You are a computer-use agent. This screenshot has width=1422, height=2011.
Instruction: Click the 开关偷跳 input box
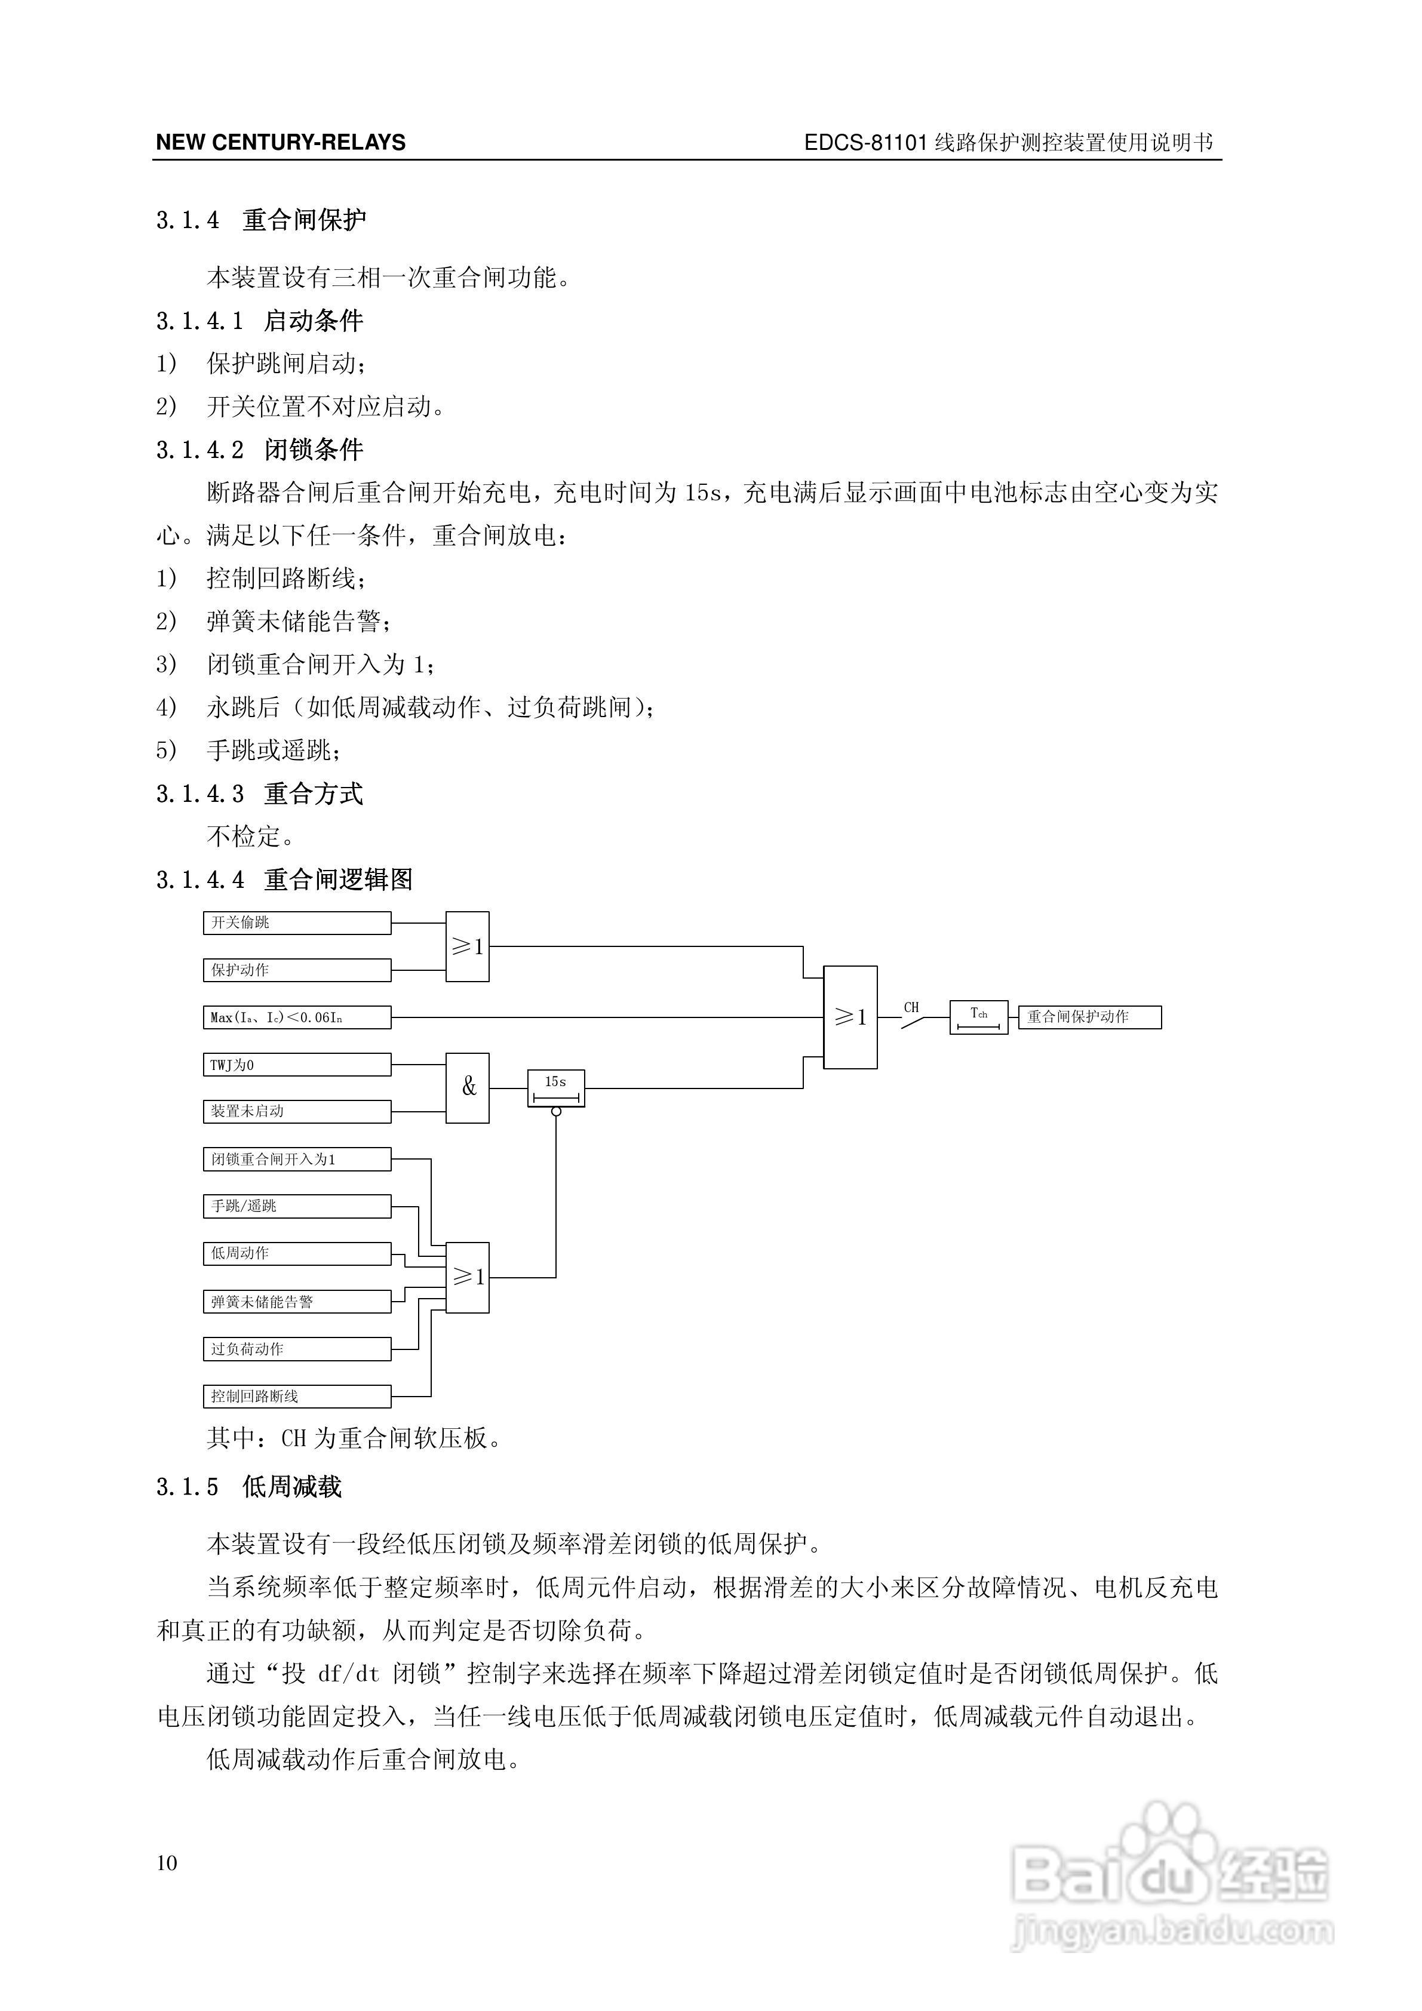coord(297,923)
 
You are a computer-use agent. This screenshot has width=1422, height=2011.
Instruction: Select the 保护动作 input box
coord(297,970)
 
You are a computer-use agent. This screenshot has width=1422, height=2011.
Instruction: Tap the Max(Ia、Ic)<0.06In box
coord(297,1017)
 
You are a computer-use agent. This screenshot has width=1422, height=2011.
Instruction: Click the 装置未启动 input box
coord(297,1111)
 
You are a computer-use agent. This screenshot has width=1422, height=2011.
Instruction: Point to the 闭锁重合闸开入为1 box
coord(297,1159)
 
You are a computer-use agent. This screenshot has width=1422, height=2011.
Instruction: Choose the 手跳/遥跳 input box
coord(297,1206)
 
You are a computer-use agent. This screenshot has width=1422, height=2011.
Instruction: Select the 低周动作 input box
coord(297,1253)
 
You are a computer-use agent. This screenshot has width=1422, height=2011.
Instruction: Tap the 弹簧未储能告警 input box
coord(297,1302)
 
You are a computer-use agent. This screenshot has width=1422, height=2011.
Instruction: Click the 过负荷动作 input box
coord(297,1349)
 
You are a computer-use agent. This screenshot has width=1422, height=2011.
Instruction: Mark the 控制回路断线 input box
coord(297,1396)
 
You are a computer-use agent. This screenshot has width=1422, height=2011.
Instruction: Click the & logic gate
coord(468,1088)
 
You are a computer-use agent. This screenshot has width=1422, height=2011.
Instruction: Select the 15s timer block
coord(555,1088)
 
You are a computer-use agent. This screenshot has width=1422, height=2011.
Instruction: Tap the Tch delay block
coord(979,1017)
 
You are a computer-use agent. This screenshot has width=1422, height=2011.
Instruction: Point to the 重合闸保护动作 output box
coord(1089,1017)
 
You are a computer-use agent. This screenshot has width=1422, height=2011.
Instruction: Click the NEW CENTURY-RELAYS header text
coord(280,143)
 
